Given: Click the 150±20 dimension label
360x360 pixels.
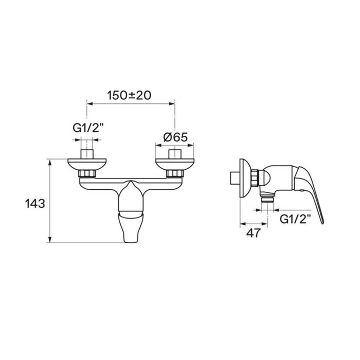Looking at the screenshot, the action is (130, 95).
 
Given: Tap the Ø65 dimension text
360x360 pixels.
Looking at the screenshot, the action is (175, 137).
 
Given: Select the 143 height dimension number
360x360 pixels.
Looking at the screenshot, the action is (35, 204).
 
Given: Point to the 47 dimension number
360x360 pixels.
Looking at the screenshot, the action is (254, 233).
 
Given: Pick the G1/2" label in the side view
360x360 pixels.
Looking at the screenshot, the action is (295, 219).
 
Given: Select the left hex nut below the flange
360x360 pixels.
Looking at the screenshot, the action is (87, 174).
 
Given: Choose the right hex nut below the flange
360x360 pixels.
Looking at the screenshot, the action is (175, 174).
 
